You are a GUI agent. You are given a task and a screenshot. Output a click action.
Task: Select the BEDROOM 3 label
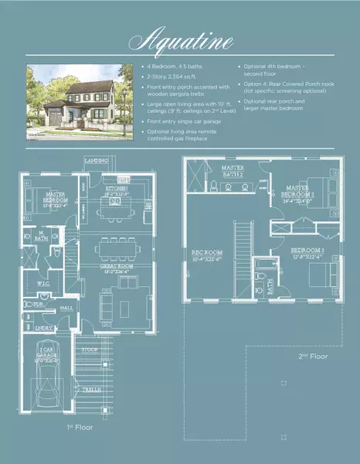299,251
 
